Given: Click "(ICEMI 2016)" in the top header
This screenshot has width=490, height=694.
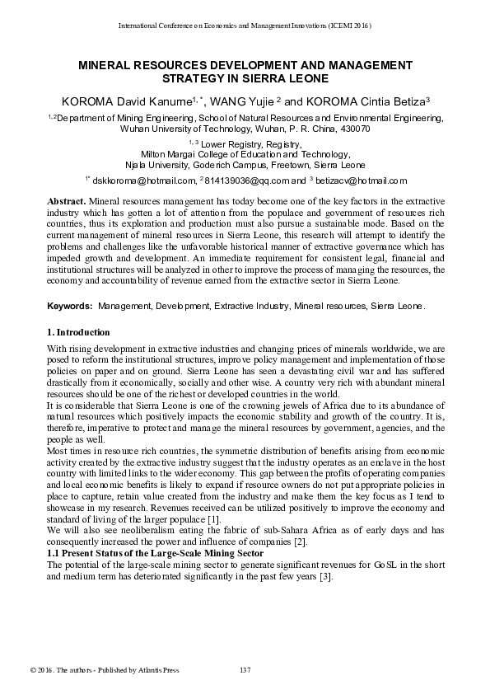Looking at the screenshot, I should [x=351, y=26].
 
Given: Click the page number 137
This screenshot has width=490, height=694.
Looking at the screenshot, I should [x=245, y=667].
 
